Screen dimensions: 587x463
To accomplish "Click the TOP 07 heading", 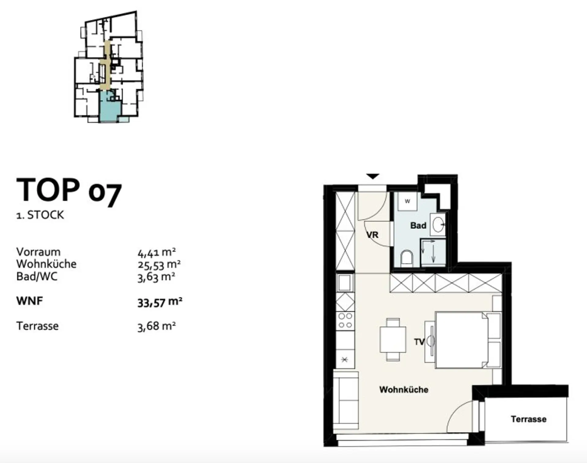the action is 69,191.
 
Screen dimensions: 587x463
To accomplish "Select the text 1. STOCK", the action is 40,215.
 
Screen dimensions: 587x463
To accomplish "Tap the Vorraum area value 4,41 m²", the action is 157,253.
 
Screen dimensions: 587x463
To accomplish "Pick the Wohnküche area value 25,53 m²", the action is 159,265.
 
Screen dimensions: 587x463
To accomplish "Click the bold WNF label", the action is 29,301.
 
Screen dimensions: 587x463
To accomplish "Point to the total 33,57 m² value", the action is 160,302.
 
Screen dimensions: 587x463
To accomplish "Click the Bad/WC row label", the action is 37,276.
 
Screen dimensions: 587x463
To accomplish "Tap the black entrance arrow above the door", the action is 373,176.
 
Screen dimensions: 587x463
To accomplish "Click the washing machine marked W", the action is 407,201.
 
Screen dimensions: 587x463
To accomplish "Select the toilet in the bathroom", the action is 407,259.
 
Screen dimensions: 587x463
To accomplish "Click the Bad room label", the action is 418,226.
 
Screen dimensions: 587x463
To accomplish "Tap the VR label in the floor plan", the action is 372,235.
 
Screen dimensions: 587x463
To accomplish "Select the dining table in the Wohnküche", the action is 393,339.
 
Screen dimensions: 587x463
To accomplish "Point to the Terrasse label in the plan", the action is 529,419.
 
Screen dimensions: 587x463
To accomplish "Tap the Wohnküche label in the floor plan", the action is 404,390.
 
